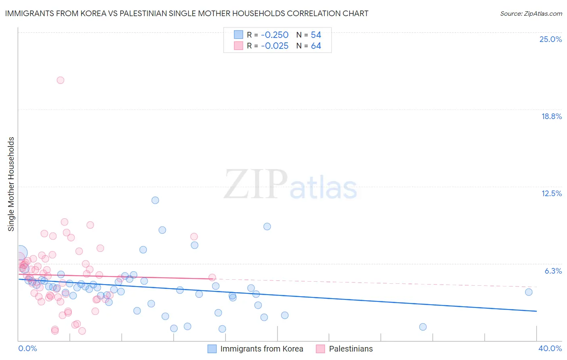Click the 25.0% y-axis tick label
click(x=550, y=39)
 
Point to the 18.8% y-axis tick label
click(x=551, y=116)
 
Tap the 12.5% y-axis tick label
click(x=551, y=193)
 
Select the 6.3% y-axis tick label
click(x=553, y=271)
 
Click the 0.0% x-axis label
click(x=27, y=348)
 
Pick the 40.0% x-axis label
click(x=550, y=348)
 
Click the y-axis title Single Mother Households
click(x=11, y=184)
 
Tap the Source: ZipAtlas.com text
click(x=531, y=13)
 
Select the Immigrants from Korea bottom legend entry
click(x=261, y=349)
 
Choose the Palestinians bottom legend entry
click(x=350, y=349)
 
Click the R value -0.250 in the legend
click(x=275, y=35)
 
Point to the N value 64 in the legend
click(x=316, y=46)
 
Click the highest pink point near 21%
click(x=60, y=80)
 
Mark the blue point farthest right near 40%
click(x=529, y=292)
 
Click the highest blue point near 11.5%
click(x=155, y=200)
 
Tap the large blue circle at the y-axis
click(x=20, y=253)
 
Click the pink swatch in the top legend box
click(x=238, y=46)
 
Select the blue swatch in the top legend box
click(x=238, y=35)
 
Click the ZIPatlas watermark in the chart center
click(x=290, y=185)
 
